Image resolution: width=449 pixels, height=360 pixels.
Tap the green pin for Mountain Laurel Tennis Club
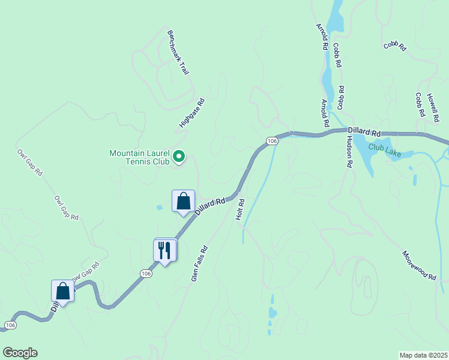(179, 157)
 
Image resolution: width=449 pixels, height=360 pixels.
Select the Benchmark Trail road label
(178, 53)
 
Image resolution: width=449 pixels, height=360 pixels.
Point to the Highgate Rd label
(192, 113)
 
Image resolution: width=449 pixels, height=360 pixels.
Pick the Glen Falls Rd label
(199, 263)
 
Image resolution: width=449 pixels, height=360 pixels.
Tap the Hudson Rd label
(349, 151)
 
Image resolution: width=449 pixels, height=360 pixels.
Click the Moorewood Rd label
(420, 265)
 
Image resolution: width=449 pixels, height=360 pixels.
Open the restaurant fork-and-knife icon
(164, 250)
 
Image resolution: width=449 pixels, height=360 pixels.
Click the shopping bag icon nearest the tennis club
(183, 202)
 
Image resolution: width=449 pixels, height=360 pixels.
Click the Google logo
(20, 353)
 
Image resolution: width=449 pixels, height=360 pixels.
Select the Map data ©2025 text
(424, 355)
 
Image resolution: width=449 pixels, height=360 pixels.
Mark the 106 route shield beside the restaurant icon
(145, 273)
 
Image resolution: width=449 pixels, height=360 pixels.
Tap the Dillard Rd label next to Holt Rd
(209, 206)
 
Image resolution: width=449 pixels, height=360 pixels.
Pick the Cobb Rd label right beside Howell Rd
(419, 106)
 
